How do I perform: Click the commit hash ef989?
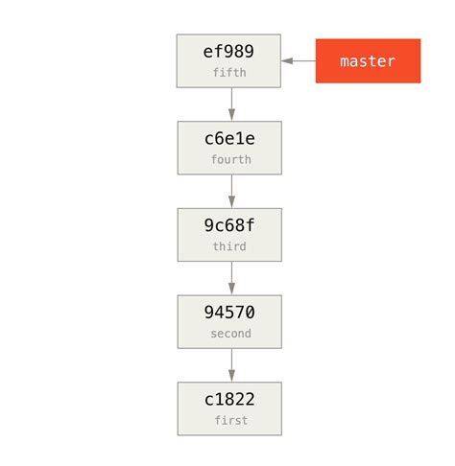click(229, 52)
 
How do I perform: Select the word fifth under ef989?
click(229, 73)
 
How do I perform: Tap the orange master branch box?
click(368, 60)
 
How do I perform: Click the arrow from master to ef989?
click(299, 60)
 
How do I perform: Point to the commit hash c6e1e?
click(229, 139)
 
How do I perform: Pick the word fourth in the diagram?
click(229, 160)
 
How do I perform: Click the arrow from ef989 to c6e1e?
click(230, 104)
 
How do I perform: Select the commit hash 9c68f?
click(229, 226)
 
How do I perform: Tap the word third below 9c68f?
click(229, 247)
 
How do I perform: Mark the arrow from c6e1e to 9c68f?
click(230, 191)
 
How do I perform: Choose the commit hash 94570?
click(229, 313)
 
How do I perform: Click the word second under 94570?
click(230, 334)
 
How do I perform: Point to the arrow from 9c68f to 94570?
click(230, 278)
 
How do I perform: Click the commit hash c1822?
click(229, 400)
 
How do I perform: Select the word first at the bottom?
click(230, 421)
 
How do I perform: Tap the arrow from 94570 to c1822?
click(230, 364)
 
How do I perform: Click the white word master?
click(368, 61)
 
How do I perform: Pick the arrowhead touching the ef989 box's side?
click(287, 60)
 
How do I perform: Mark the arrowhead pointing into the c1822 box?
click(230, 376)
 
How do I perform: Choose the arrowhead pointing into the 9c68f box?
click(230, 202)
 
